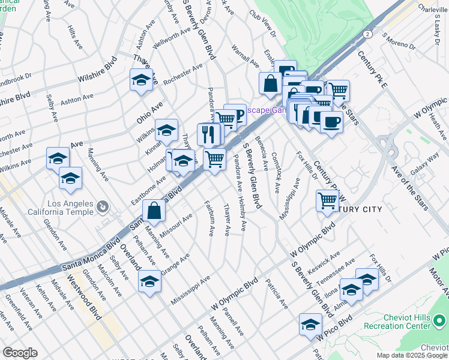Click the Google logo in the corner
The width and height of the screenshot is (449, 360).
20,353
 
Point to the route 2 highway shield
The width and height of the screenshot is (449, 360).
366,35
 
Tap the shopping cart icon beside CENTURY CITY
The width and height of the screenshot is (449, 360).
327,200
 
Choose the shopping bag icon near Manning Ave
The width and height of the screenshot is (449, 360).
154,210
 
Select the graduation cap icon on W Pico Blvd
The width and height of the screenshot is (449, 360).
310,325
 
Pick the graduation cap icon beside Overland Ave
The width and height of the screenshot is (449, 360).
149,281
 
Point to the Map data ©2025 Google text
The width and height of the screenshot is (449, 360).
411,355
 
